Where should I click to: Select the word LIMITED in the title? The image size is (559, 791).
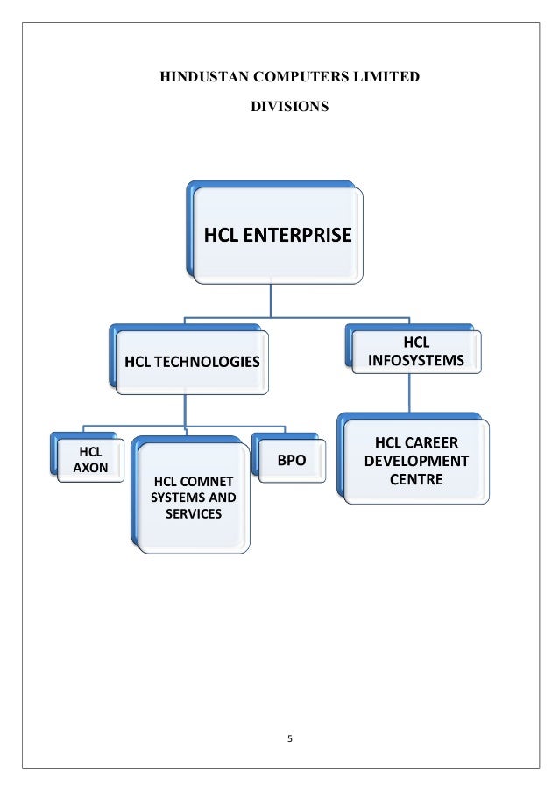click(389, 79)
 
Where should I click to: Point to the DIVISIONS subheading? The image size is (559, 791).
click(290, 107)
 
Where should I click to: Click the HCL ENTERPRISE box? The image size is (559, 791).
click(278, 236)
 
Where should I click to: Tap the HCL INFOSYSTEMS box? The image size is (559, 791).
click(416, 350)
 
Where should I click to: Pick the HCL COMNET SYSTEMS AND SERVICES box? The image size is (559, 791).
click(194, 497)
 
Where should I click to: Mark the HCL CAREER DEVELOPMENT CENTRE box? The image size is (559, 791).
click(416, 460)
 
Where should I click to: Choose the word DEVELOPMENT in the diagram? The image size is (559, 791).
click(416, 461)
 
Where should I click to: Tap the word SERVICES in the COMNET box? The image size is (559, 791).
click(194, 513)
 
